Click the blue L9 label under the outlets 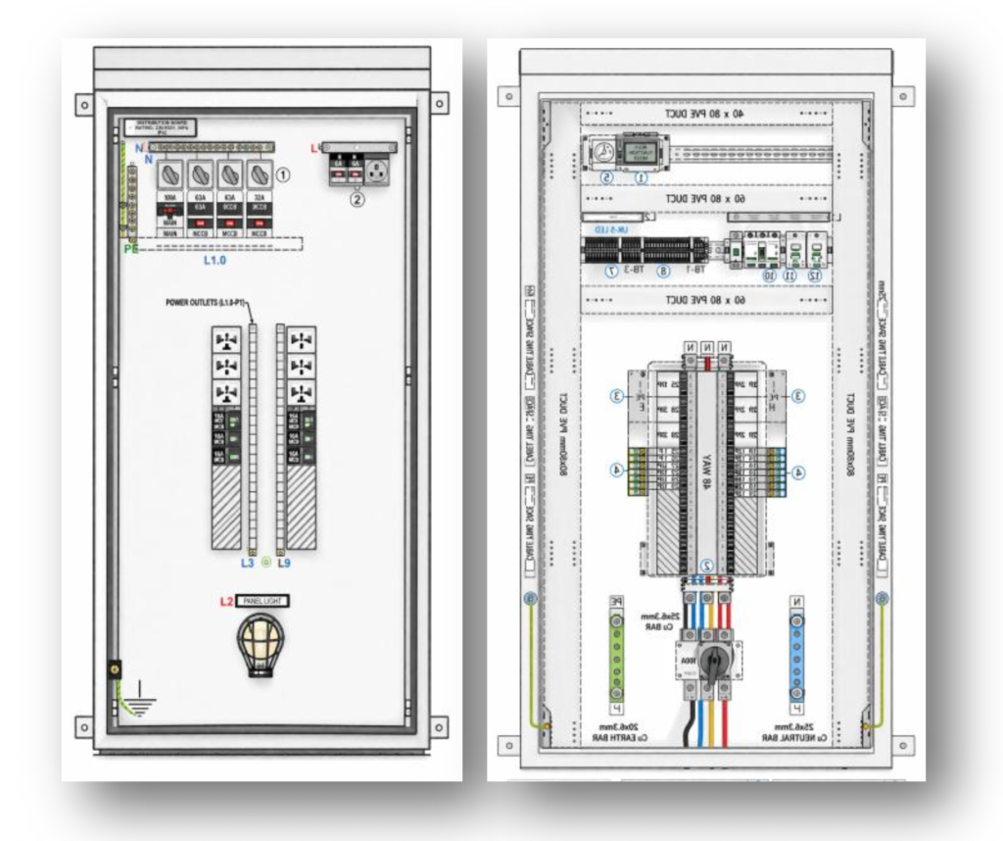click(x=284, y=564)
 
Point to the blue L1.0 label click(x=215, y=262)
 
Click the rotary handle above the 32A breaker click(x=260, y=174)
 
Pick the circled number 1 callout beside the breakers click(x=283, y=174)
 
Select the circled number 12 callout click(x=814, y=276)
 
